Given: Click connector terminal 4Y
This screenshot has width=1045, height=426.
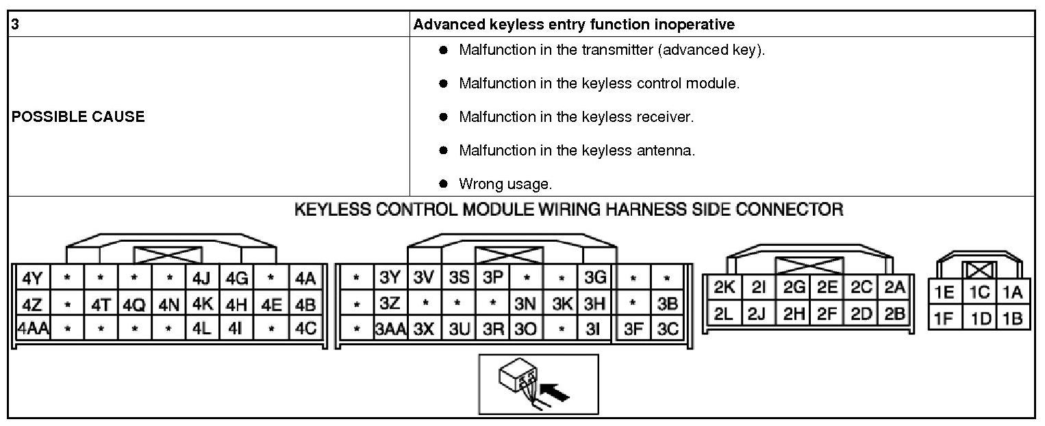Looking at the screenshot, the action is (x=32, y=279).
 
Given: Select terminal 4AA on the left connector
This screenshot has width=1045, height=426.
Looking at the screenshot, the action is (x=32, y=328).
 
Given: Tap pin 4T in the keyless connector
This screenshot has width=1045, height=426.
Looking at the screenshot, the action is (x=100, y=303).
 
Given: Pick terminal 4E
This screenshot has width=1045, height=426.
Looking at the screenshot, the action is (x=271, y=303).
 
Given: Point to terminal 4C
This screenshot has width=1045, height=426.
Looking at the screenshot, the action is (x=305, y=328).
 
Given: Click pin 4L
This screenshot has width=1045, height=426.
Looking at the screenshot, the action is (x=203, y=328).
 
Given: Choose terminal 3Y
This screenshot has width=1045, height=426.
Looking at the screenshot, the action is (x=390, y=279).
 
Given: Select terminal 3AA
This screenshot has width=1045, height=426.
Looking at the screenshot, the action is (x=390, y=328).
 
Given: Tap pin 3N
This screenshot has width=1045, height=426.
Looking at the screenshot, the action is (x=525, y=303).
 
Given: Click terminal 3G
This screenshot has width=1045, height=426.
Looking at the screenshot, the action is (x=596, y=279).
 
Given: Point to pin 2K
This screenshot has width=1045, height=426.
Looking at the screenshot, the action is (x=724, y=288).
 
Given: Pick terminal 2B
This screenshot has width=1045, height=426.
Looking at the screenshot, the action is (x=894, y=314).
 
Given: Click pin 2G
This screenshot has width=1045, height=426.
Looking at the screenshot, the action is (x=794, y=288).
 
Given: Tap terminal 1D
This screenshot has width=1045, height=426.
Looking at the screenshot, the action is (x=981, y=318).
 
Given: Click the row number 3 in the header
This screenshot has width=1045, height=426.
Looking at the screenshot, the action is (x=15, y=25).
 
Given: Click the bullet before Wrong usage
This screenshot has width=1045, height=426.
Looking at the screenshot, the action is (x=443, y=184).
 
